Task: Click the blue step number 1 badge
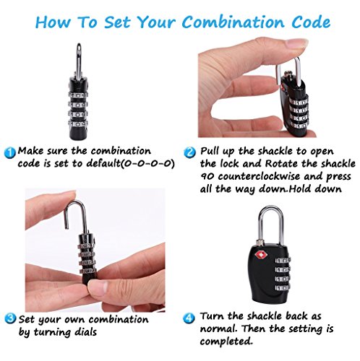pyautogui.click(x=10, y=152)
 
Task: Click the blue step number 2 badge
pyautogui.click(x=190, y=152)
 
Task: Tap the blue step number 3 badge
pyautogui.click(x=11, y=318)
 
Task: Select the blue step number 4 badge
pyautogui.click(x=189, y=318)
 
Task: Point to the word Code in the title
pyautogui.click(x=311, y=22)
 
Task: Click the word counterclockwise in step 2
pyautogui.click(x=259, y=176)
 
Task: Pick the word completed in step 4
pyautogui.click(x=226, y=342)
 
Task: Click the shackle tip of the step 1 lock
pyautogui.click(x=79, y=45)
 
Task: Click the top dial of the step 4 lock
pyautogui.click(x=283, y=261)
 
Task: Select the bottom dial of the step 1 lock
pyautogui.click(x=78, y=124)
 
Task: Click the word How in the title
pyautogui.click(x=53, y=22)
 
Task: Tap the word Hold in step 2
pyautogui.click(x=301, y=188)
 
